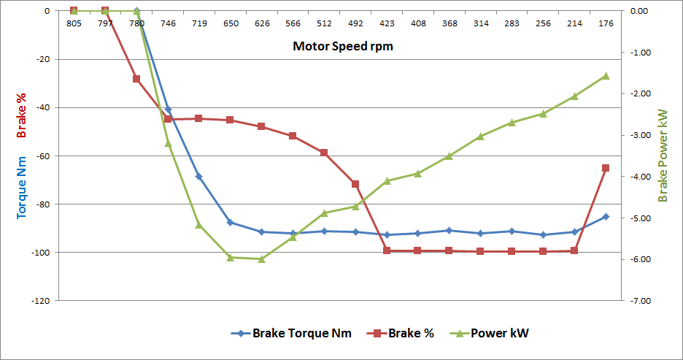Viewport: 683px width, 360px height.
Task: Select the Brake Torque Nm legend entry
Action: pos(291,334)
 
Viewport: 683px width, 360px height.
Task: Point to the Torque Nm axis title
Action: pos(22,180)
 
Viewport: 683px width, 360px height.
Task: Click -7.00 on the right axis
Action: pos(639,301)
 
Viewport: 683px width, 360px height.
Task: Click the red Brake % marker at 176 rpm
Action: pos(606,168)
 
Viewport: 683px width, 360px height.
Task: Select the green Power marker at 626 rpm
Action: pos(261,258)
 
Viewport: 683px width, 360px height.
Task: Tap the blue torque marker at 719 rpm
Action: pos(198,176)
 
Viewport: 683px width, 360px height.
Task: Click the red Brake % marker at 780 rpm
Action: pos(136,79)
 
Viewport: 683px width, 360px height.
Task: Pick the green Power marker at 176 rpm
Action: pos(606,76)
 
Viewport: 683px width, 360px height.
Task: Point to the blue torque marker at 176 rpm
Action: pos(606,217)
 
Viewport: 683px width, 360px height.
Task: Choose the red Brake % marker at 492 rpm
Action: pos(355,184)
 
